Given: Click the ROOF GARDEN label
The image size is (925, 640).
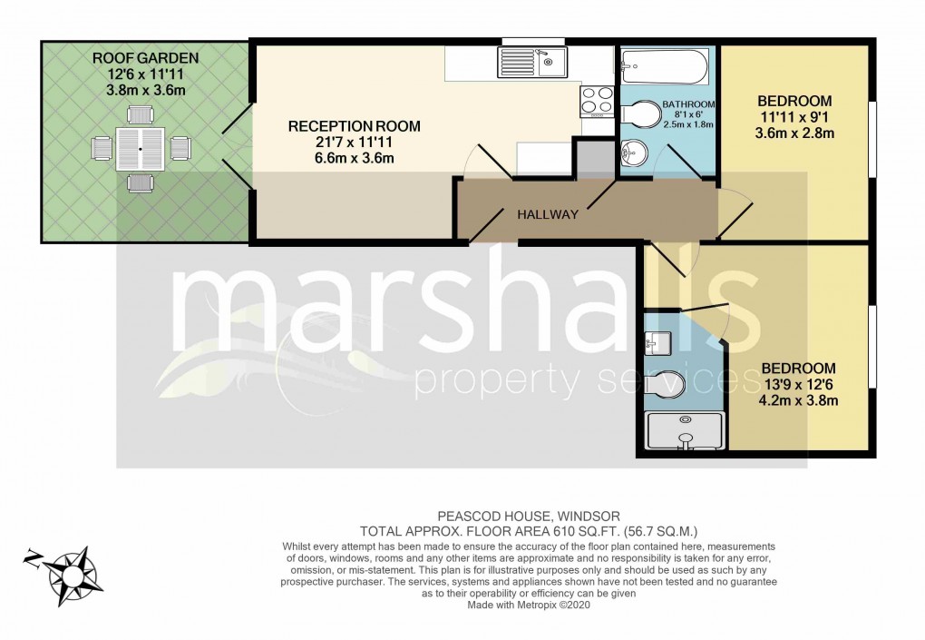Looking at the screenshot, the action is click(145, 58).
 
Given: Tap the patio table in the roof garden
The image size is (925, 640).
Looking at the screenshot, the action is click(140, 150).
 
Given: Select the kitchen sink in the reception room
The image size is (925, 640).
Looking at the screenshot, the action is click(532, 62).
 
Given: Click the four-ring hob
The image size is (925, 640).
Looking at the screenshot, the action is click(598, 101).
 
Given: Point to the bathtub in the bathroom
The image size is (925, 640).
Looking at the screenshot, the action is click(663, 66).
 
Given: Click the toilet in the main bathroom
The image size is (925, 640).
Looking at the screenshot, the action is click(640, 114).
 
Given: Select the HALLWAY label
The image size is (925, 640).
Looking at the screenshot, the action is click(548, 215).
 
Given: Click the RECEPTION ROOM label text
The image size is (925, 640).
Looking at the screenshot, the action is click(354, 126).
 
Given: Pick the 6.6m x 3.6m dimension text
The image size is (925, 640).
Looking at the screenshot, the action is click(354, 158).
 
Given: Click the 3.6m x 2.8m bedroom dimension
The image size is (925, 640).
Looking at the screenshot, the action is click(794, 133).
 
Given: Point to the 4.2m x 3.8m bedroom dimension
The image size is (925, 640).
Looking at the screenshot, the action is click(798, 401).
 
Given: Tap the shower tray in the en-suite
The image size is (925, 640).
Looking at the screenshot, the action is click(685, 430).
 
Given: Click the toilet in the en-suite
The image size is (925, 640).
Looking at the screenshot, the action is click(664, 385).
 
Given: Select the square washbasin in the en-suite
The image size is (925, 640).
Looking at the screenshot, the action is click(657, 343).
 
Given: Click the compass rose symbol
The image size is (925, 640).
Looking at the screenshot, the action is click(73, 575).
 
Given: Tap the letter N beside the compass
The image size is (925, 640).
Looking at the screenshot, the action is click(33, 557).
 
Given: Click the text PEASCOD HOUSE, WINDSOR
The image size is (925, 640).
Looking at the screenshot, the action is click(528, 517).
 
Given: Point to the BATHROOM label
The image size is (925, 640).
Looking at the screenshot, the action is click(688, 104).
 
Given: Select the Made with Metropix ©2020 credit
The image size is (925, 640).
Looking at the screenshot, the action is click(529, 606).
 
